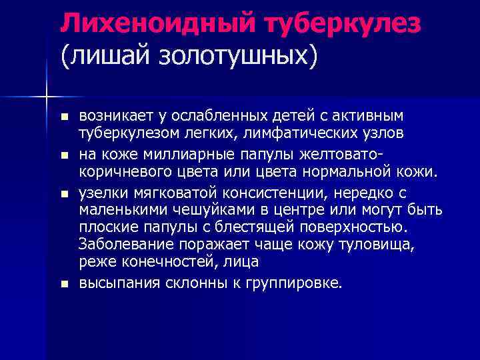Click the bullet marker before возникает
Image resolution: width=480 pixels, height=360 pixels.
[x=64, y=117]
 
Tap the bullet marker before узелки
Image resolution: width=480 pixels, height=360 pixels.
[x=64, y=193]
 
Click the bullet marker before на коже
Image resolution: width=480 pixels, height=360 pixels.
[x=64, y=155]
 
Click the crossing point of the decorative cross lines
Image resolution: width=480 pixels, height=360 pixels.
[x=46, y=96]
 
